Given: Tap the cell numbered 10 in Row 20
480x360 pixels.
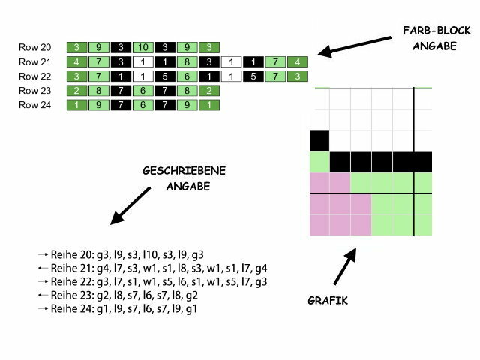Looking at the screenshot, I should [x=144, y=47].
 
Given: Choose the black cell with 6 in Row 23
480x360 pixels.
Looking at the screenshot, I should [x=144, y=91].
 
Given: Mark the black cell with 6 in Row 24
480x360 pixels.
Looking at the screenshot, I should [x=144, y=105].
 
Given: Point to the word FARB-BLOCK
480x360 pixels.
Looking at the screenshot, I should [x=434, y=31].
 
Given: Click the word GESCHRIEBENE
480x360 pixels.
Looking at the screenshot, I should [x=184, y=172].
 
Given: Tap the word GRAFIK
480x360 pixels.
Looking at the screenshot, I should [x=328, y=301].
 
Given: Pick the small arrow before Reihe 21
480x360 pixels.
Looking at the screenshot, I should [x=43, y=268].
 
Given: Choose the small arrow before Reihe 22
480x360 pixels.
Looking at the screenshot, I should [x=43, y=282].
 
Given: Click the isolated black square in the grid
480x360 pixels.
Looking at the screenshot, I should [x=319, y=140].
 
